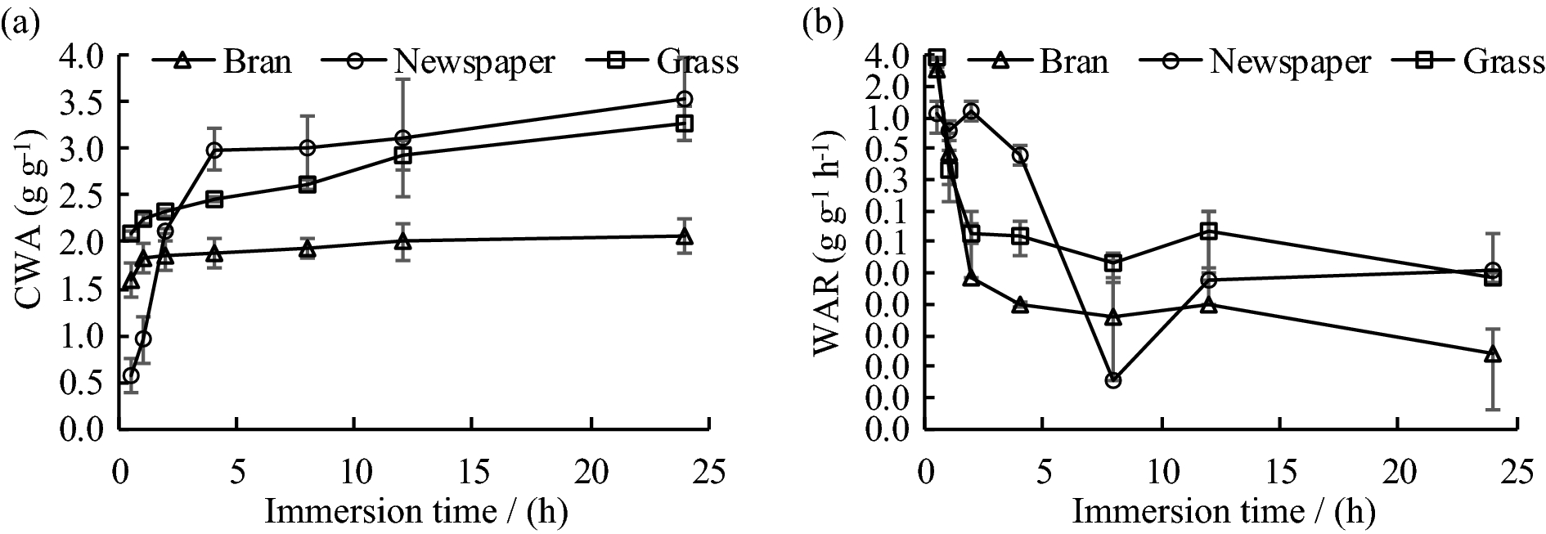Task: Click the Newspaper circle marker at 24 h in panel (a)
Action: click(x=685, y=99)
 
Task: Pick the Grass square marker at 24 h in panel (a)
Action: click(x=685, y=123)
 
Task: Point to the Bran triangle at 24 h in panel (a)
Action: click(x=685, y=237)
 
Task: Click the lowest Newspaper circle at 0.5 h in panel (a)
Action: click(x=131, y=375)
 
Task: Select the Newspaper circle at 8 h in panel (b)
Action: click(x=1113, y=380)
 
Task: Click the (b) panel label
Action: click(x=821, y=25)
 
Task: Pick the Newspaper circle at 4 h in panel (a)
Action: click(x=215, y=150)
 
